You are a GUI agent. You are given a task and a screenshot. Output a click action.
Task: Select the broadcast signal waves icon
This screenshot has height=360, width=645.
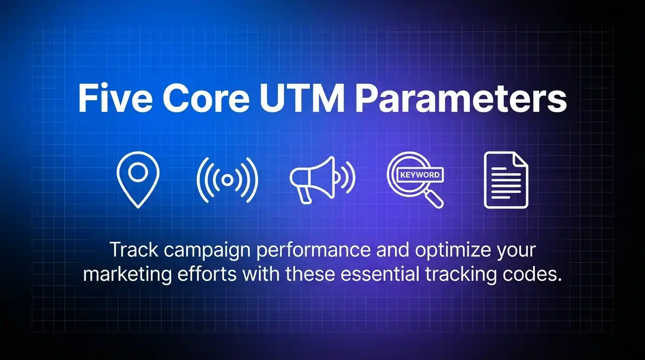click(227, 180)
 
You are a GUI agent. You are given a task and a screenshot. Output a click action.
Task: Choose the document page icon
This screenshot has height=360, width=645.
click(506, 180)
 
